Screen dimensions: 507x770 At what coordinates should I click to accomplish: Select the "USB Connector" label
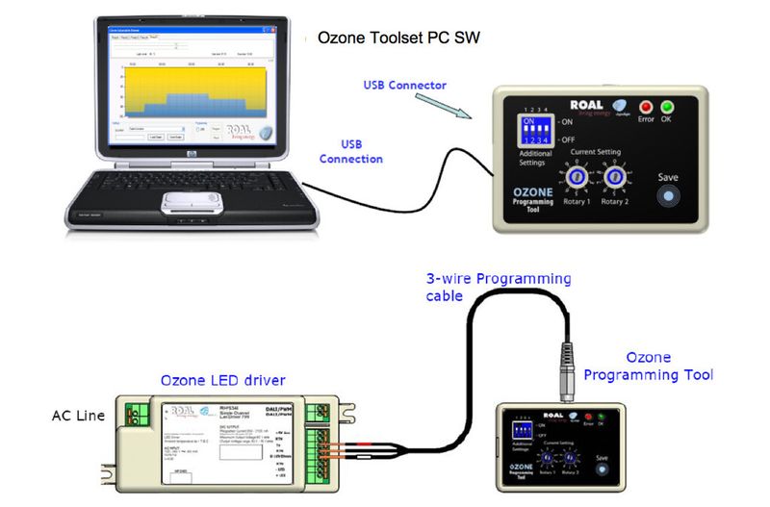[405, 86]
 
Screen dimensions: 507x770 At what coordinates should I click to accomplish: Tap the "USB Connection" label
[350, 151]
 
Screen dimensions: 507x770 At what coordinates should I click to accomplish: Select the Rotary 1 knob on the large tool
[575, 178]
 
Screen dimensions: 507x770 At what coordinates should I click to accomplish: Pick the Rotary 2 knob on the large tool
[617, 178]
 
